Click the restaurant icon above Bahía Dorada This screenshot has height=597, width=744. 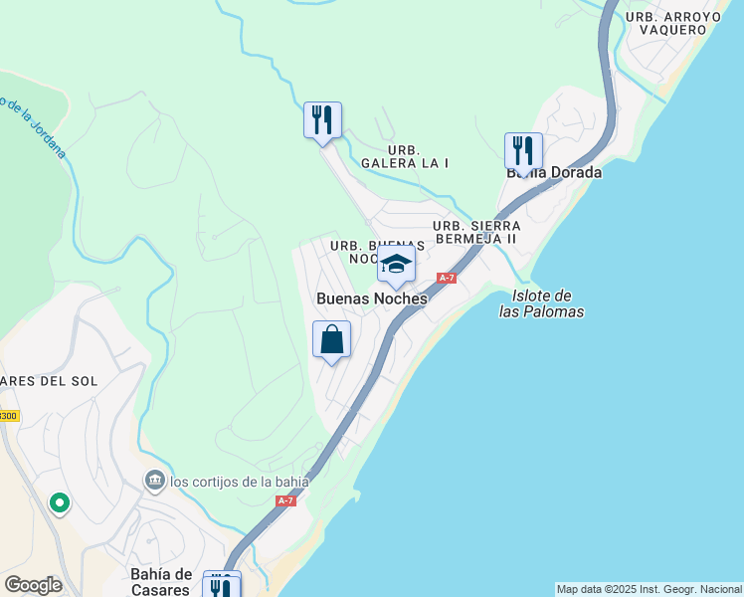click(523, 151)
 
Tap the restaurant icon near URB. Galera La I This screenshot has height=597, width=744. click(322, 120)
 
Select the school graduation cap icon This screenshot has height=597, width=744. click(396, 265)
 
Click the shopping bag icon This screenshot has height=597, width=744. click(332, 339)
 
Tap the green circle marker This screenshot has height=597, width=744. click(59, 503)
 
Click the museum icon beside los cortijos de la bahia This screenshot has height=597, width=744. click(154, 482)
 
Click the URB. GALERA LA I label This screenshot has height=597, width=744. click(405, 155)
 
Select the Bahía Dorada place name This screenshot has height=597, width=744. click(554, 172)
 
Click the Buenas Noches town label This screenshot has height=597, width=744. click(371, 298)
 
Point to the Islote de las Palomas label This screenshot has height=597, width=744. click(541, 303)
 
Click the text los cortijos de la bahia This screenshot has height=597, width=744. click(240, 483)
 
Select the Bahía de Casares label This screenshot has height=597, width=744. click(161, 581)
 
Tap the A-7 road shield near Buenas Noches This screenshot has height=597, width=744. click(446, 278)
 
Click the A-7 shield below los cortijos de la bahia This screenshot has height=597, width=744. click(285, 500)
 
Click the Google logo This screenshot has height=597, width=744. click(33, 585)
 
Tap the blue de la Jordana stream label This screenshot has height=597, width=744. click(35, 127)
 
